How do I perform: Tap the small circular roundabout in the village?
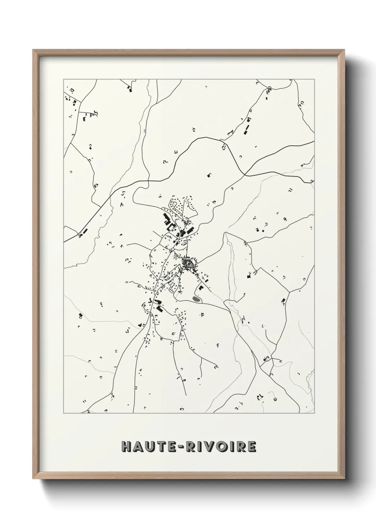point(172,250)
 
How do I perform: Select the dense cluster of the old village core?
point(187,264)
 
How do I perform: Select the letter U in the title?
point(150,447)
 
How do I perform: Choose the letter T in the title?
point(161,447)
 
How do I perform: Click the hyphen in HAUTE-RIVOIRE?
point(183,447)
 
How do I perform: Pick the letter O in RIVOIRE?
point(225,447)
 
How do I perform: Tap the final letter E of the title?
point(251,447)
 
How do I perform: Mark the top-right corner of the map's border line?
point(315,79)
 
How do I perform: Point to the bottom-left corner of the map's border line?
point(64,413)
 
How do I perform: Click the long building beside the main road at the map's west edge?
point(84,232)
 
